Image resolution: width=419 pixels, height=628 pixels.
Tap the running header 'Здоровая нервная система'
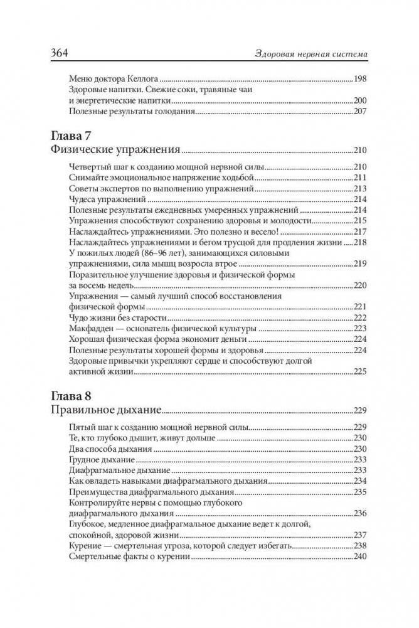[306, 54]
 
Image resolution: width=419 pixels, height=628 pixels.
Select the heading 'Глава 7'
[71, 135]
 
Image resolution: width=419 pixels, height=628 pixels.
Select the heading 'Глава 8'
[71, 395]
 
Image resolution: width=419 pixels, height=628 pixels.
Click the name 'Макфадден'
[92, 328]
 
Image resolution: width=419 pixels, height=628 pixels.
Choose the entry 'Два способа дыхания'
[107, 449]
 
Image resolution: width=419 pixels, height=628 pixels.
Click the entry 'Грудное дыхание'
[99, 459]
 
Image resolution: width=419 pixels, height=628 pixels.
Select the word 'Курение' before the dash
[85, 546]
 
